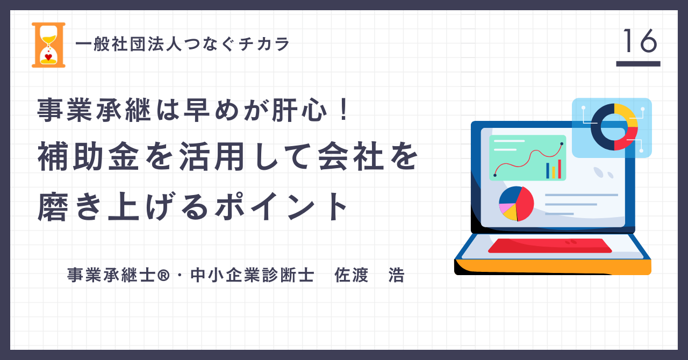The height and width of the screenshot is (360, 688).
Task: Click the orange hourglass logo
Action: coord(48,45)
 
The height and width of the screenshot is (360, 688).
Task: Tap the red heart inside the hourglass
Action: coord(48,57)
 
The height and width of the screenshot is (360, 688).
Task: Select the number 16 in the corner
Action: coord(640,41)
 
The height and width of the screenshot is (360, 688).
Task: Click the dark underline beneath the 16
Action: coord(638,63)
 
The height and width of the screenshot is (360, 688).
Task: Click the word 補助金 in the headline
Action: coord(89,157)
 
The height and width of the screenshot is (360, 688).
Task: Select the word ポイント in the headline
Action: coord(281,206)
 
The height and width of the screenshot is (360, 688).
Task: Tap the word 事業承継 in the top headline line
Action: coord(94,110)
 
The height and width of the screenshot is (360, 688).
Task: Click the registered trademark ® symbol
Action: coord(163,275)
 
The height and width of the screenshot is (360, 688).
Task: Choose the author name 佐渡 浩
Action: coord(369,275)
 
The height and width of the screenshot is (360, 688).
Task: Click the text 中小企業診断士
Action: coord(252,275)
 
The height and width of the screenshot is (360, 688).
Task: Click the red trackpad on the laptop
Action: coord(550,246)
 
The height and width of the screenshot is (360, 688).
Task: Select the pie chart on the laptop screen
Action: coord(517,204)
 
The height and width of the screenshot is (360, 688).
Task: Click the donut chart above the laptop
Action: coord(614,127)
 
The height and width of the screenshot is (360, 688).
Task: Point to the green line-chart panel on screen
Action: coord(528,157)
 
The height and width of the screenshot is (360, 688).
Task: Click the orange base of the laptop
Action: coord(553,267)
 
